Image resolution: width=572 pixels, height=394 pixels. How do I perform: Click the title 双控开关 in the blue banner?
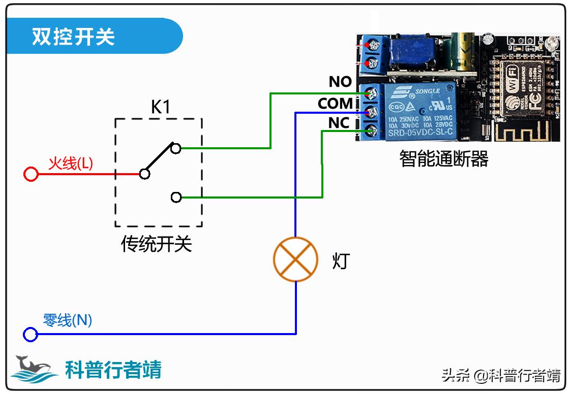point(74,37)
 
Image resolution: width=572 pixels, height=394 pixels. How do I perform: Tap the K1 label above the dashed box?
point(161,107)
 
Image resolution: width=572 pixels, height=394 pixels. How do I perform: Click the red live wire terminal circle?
point(31,175)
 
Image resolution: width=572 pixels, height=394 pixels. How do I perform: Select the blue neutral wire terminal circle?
point(31,335)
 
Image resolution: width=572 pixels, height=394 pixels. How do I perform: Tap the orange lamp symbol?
point(295,259)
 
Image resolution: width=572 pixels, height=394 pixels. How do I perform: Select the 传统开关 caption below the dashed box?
point(157,244)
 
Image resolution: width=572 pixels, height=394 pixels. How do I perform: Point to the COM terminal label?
point(335,104)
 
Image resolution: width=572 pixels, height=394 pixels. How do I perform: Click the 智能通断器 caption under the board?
point(443,159)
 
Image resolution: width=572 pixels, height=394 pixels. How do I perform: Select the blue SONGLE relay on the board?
point(419,112)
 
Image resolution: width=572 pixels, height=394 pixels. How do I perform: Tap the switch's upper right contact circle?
point(176,148)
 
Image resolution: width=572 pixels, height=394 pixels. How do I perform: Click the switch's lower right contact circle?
point(176,197)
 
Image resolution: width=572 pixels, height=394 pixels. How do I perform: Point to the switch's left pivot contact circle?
point(145,174)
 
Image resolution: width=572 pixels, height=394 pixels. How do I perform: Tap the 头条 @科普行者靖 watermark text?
point(501,376)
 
